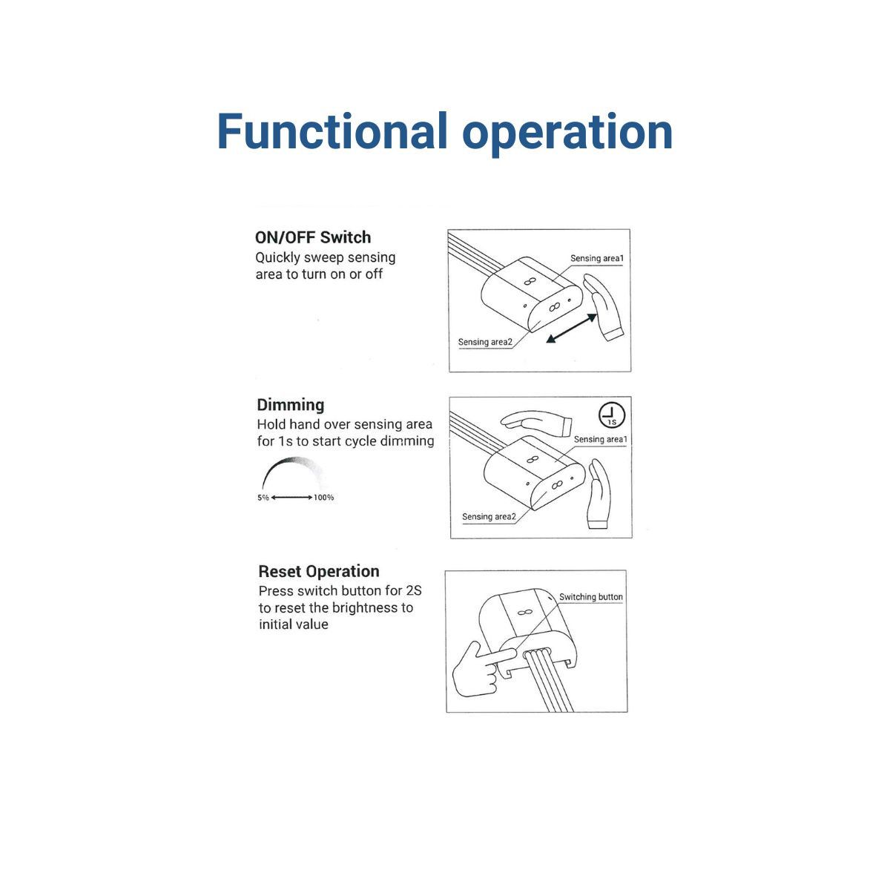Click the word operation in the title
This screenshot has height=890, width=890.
[x=567, y=135]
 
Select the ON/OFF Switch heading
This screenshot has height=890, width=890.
[x=313, y=237]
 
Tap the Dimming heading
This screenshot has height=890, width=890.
[x=291, y=405]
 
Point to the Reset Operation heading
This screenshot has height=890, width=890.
[x=319, y=571]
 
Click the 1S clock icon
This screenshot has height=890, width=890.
[x=611, y=415]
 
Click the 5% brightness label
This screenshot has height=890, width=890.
[x=263, y=498]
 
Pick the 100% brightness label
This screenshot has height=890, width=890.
[x=324, y=498]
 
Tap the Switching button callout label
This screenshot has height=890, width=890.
[x=590, y=597]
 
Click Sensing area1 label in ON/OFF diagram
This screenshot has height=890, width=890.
[x=597, y=258]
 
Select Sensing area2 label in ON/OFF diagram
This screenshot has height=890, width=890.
[x=485, y=342]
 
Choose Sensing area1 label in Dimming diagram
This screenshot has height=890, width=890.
[x=601, y=439]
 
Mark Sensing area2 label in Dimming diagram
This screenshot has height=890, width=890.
[x=489, y=516]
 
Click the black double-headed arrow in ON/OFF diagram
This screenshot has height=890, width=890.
[x=572, y=329]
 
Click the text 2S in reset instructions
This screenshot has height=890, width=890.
[x=413, y=590]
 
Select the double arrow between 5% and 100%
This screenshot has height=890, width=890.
[x=291, y=498]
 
